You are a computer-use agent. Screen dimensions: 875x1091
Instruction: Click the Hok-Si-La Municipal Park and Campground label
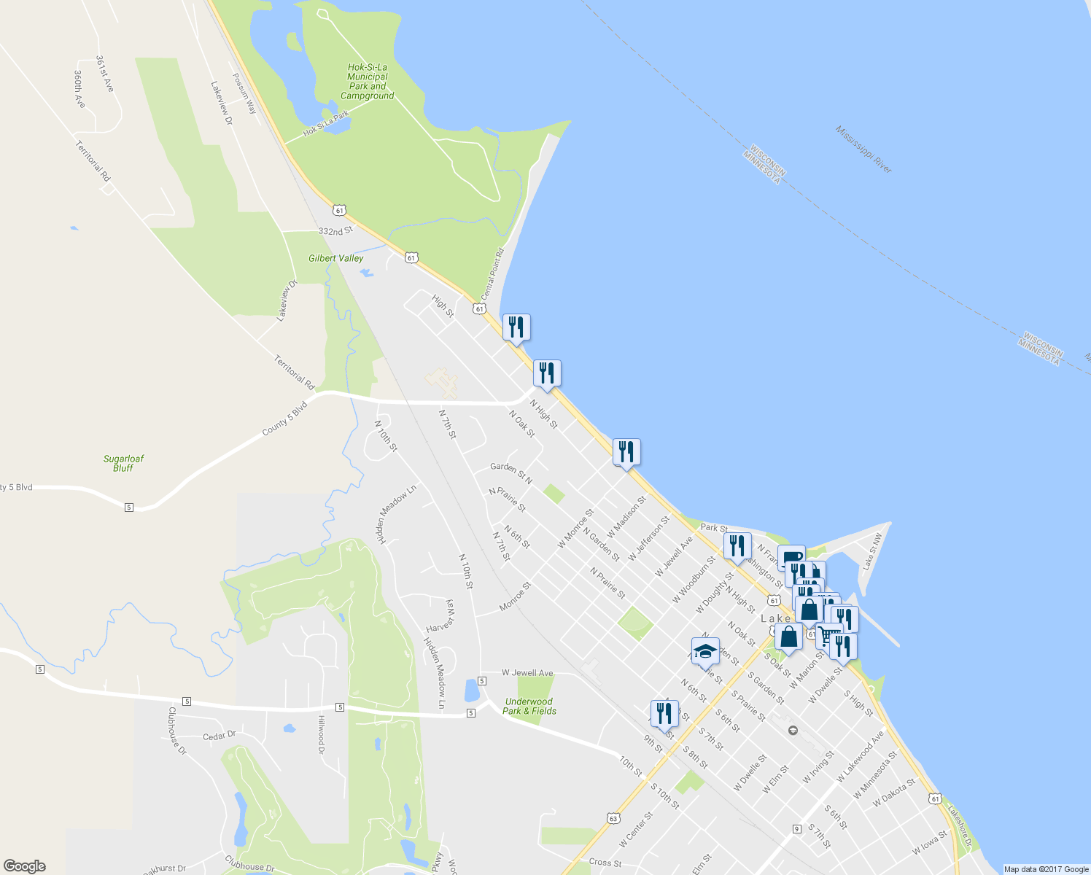[368, 82]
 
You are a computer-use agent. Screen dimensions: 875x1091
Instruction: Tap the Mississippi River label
[863, 149]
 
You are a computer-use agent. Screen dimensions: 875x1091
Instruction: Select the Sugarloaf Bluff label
[123, 463]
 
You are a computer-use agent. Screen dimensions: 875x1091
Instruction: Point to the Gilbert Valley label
[335, 258]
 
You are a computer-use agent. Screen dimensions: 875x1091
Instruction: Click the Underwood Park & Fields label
[529, 706]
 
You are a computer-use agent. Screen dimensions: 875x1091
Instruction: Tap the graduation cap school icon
[705, 652]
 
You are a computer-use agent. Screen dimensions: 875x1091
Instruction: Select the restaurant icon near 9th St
[664, 713]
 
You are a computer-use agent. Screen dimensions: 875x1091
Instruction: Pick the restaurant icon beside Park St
[737, 546]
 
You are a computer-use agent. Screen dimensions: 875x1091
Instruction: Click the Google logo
[26, 866]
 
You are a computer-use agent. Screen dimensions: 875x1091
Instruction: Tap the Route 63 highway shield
[613, 818]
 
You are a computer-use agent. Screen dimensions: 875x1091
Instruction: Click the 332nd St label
[335, 230]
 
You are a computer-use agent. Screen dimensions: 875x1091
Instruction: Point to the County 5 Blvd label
[284, 419]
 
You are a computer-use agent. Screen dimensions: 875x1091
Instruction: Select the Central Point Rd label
[493, 274]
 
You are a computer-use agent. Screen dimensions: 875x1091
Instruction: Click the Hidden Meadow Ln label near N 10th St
[397, 514]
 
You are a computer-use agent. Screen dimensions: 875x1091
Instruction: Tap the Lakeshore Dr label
[960, 825]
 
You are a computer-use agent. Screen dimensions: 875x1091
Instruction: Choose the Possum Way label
[245, 93]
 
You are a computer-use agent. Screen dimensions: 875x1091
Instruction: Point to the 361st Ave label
[105, 74]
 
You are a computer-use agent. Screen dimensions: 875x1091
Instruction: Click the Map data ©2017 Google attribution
[1046, 869]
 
